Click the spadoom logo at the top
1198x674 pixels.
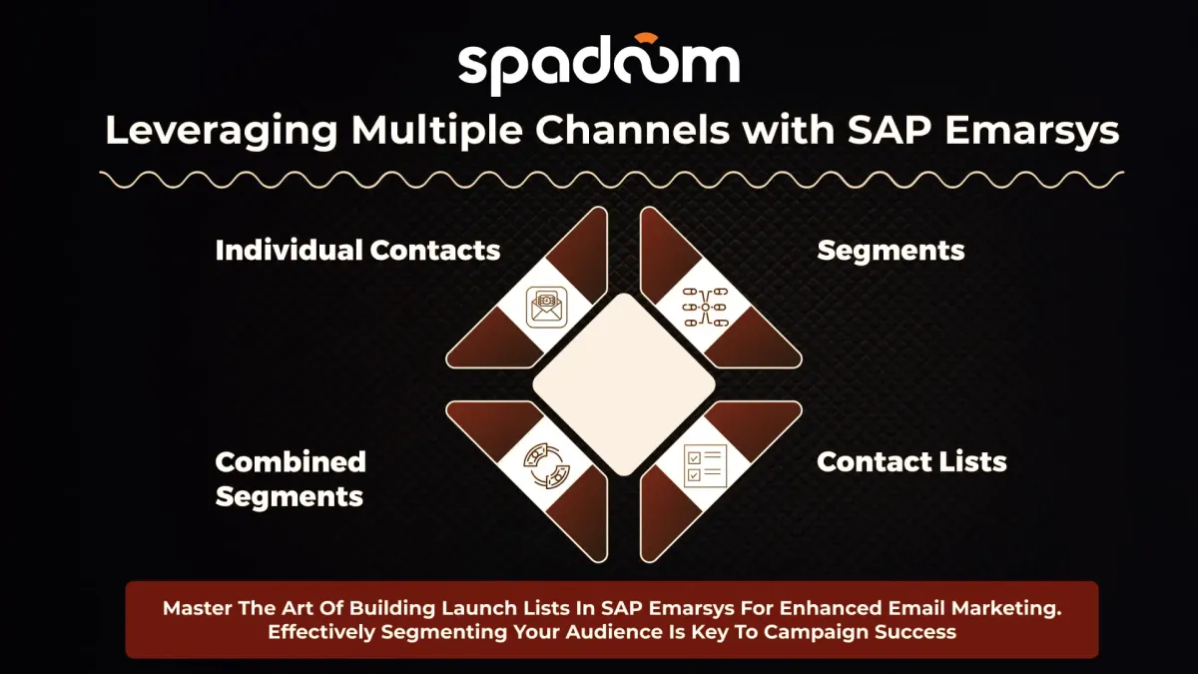(x=599, y=65)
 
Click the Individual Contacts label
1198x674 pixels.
(x=357, y=250)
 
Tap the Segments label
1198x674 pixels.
(x=891, y=250)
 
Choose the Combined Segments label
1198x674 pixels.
(x=291, y=478)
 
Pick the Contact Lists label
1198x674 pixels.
(x=911, y=461)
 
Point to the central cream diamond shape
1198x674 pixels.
(x=624, y=384)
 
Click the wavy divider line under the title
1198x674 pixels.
(x=611, y=180)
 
